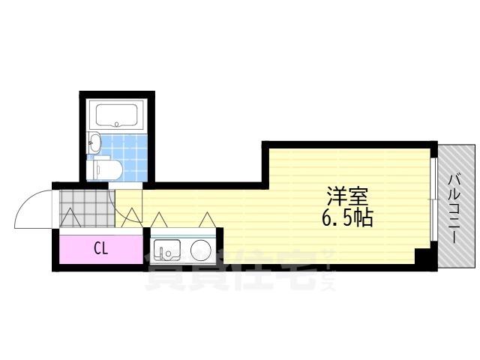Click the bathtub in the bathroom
tap(117, 115)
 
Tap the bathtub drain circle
tap(116, 124)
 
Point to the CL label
tap(101, 249)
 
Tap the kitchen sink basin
tap(166, 250)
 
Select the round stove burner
tap(201, 250)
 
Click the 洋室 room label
tap(347, 196)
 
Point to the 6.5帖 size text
tap(347, 218)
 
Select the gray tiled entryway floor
tap(87, 208)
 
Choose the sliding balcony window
tap(433, 199)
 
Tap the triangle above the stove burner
tap(208, 220)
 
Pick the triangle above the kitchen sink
tap(159, 220)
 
